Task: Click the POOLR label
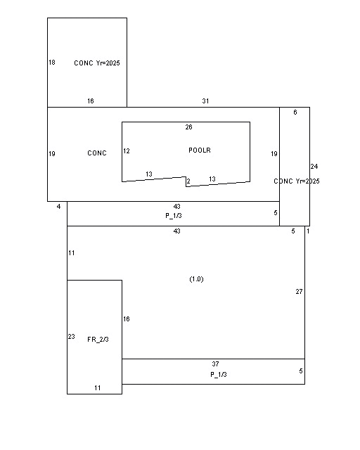(200, 150)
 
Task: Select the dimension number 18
(52, 63)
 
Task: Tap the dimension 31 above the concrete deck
(205, 101)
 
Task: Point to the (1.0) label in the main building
(197, 279)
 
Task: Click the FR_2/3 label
(98, 340)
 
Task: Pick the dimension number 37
(216, 364)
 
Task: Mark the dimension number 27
(299, 292)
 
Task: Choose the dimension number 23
(72, 337)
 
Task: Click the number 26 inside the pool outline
(188, 127)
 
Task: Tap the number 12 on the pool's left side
(127, 151)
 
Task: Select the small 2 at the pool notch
(188, 181)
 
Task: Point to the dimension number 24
(314, 167)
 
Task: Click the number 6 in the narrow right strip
(295, 112)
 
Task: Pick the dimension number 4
(58, 207)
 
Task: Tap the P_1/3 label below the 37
(219, 375)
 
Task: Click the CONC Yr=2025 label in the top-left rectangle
(97, 63)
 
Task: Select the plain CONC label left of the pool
(97, 153)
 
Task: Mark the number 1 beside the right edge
(308, 231)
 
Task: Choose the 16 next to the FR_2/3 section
(127, 319)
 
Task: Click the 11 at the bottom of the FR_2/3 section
(98, 388)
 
